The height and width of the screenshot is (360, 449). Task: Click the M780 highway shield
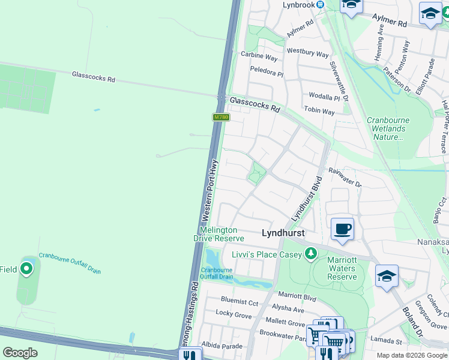(221, 117)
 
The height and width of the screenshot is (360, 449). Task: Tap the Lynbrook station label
(300, 5)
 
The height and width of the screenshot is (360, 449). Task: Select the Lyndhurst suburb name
(283, 233)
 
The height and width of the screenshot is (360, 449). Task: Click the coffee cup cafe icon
(342, 229)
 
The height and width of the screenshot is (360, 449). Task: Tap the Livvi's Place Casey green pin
(310, 254)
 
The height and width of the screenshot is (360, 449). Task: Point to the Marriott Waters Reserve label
(342, 268)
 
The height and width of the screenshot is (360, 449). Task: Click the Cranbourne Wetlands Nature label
(388, 128)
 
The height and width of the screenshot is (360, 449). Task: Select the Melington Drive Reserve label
(218, 234)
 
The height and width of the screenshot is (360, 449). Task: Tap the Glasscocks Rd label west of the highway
(93, 77)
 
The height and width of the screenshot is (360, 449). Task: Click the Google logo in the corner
(20, 353)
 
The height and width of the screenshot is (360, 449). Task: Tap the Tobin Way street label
(319, 111)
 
